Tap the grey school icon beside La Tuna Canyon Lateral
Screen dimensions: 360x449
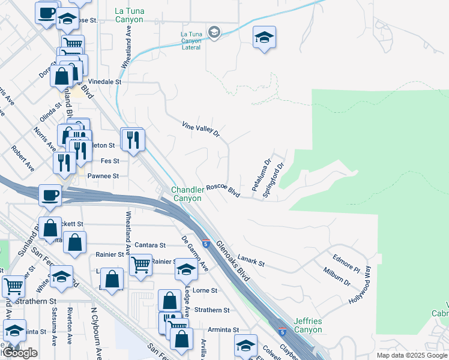214,31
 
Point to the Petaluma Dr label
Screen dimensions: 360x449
261,175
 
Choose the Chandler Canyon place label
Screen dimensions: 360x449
187,194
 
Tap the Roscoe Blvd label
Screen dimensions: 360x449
223,191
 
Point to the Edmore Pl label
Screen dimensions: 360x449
346,261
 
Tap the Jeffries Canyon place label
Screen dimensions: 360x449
308,326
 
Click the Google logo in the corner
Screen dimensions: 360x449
20,353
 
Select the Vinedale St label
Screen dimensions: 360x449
105,81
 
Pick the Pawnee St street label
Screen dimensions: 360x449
104,176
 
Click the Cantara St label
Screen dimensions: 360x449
149,245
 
